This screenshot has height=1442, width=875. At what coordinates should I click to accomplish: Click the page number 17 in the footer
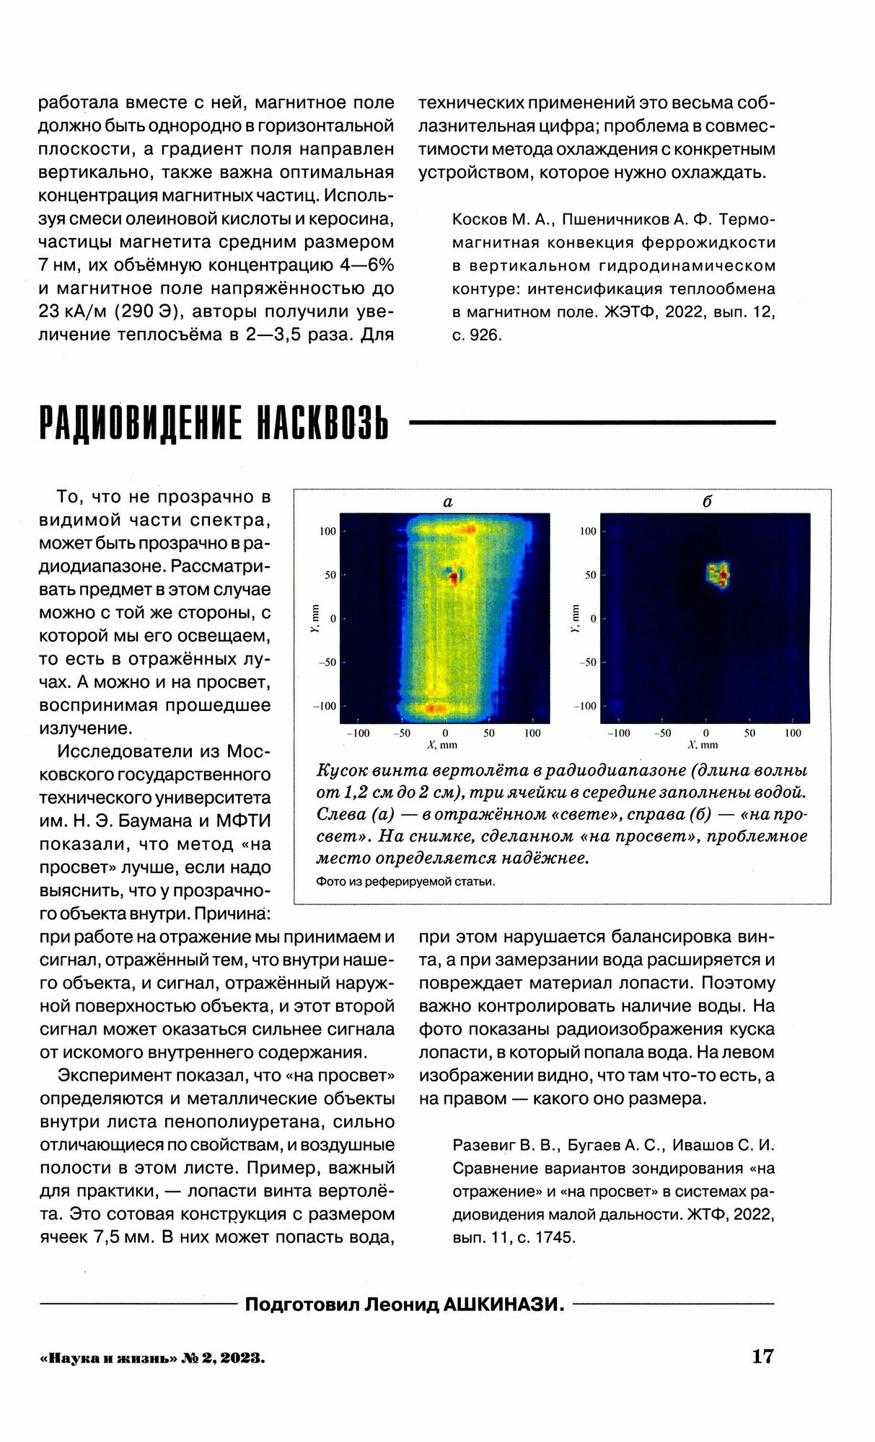coord(762,1356)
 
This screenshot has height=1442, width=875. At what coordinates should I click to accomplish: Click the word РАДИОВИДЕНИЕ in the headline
coord(130,425)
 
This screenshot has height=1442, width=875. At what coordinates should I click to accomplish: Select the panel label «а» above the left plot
coord(447,502)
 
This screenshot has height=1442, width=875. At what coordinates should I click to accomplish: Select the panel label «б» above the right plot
coord(706,502)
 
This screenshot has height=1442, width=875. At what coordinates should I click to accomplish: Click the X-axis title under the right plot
coord(705,744)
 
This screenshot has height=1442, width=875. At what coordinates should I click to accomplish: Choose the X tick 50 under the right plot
coord(749,733)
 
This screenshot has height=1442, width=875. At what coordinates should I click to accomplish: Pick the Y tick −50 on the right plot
coord(588,663)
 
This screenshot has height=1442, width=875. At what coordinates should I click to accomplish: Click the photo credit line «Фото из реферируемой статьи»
coord(406,881)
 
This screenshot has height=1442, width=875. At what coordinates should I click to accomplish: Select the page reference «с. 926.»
coord(477,335)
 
